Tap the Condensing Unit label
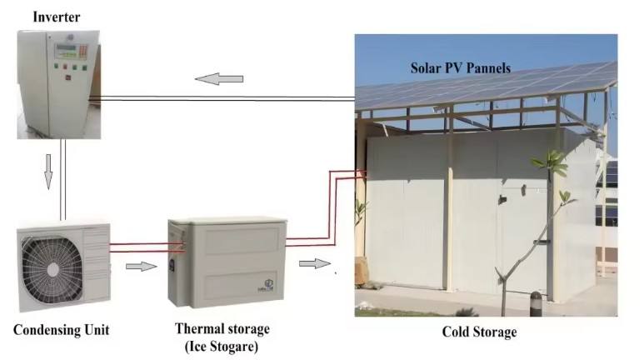[62, 330]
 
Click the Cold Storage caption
[479, 332]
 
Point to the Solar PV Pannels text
[459, 67]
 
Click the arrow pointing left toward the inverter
[219, 79]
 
